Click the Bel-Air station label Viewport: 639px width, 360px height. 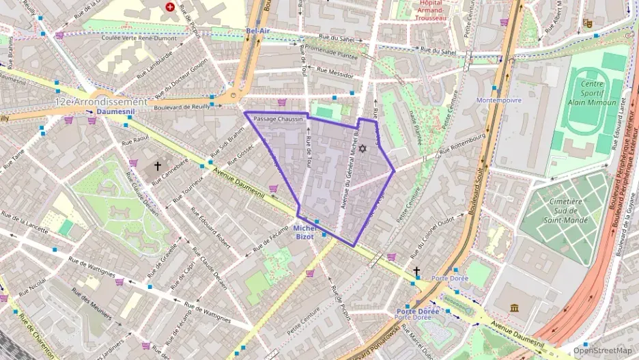pos(258,31)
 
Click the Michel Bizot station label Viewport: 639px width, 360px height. pos(304,232)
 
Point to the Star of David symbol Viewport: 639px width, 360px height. pos(363,148)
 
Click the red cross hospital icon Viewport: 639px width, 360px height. pos(170,8)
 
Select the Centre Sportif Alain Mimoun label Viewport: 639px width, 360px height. pos(586,93)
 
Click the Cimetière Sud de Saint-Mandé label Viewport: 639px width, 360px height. pos(563,210)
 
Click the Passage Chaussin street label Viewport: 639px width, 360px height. pos(277,119)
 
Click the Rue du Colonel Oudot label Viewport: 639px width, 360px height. pos(433,232)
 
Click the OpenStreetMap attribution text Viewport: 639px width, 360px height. pos(603,350)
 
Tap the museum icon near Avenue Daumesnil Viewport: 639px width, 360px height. pos(513,308)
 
